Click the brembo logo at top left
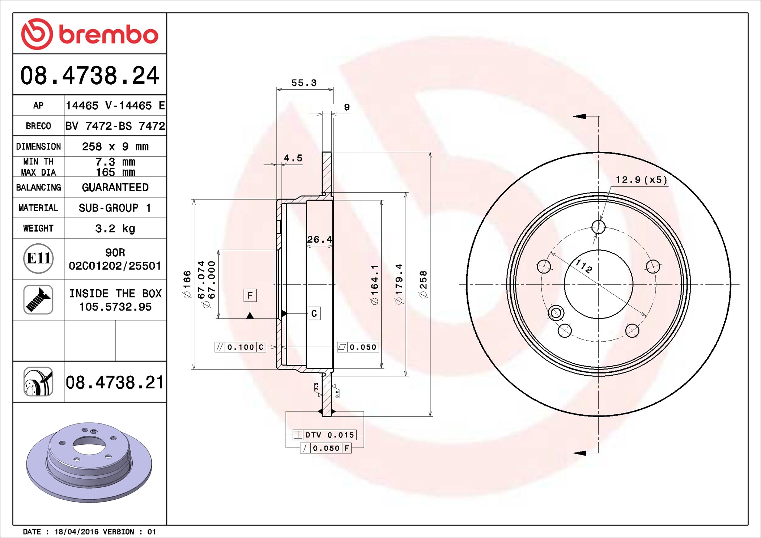[90, 34]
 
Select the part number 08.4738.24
[90, 76]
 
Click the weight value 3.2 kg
[115, 229]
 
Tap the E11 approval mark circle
[38, 259]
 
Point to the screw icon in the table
[38, 299]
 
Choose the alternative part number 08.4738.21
[115, 382]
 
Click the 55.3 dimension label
[304, 83]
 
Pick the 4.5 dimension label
[293, 158]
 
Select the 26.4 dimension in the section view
[319, 239]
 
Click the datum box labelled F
[250, 295]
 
